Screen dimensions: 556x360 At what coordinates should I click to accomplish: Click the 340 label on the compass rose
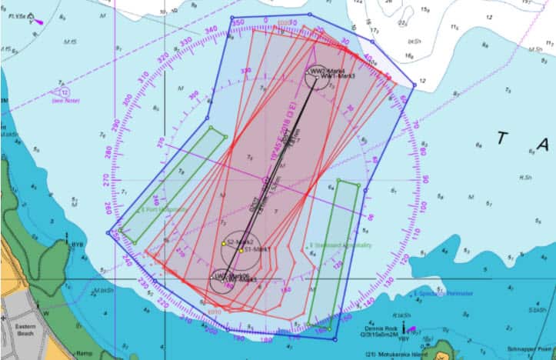[211, 30]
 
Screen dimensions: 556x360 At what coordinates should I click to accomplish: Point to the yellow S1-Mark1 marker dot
[241, 250]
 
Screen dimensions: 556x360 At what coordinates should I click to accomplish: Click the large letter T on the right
[503, 139]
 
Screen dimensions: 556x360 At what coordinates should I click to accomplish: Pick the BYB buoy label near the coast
[77, 245]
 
